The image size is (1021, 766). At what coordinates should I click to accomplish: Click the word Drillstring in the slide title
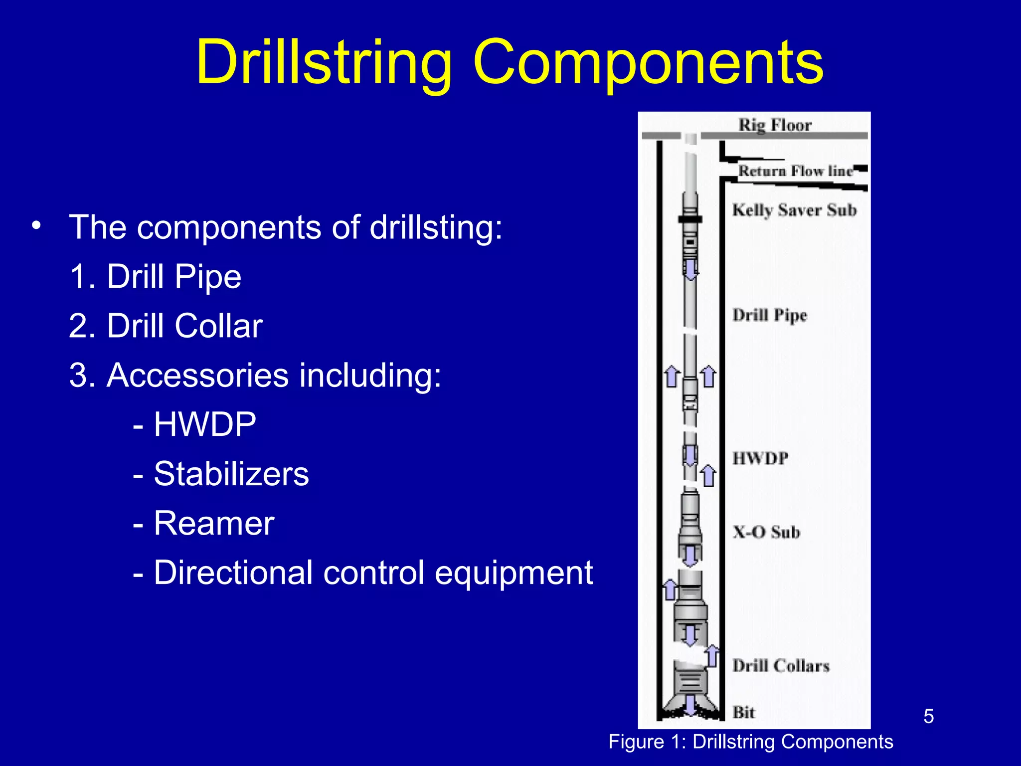(x=324, y=64)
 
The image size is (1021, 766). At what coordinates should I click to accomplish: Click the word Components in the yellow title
(x=648, y=64)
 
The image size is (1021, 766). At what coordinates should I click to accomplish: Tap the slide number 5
(x=928, y=717)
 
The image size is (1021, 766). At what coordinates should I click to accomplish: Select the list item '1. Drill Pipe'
(x=156, y=277)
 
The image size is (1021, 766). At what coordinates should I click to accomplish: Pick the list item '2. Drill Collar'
(x=166, y=326)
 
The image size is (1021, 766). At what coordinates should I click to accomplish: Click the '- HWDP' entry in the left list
(x=194, y=424)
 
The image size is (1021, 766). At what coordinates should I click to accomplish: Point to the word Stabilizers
(x=231, y=474)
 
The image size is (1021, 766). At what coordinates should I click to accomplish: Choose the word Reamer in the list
(x=214, y=523)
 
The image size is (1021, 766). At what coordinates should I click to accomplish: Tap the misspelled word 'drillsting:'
(x=436, y=227)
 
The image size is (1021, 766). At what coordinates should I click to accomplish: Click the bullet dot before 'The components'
(x=35, y=226)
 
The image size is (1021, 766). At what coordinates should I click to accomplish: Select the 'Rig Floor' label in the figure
(x=775, y=125)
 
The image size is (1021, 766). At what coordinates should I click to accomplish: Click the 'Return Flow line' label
(x=796, y=171)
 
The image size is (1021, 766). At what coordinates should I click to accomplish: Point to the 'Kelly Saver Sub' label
(x=794, y=210)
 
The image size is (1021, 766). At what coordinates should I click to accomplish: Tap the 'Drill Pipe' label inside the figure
(x=770, y=315)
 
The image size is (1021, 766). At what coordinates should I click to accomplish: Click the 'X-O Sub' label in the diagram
(x=766, y=532)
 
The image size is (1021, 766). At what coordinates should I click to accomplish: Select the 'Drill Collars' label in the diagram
(x=781, y=666)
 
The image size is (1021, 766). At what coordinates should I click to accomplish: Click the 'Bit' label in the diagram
(x=743, y=712)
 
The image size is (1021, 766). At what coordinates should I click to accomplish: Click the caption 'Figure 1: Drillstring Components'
(x=751, y=742)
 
